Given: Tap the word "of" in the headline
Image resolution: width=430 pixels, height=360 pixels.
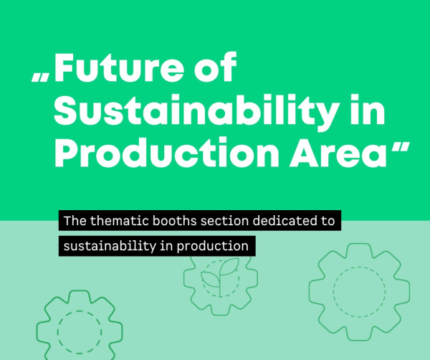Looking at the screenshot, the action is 216,67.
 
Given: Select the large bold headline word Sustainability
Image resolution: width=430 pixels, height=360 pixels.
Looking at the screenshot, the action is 196,111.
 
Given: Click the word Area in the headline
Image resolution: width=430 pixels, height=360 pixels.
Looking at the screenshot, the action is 338,153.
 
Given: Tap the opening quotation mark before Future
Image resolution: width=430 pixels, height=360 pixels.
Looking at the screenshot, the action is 41,77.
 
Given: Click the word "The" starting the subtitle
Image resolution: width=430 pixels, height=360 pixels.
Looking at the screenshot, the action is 75,221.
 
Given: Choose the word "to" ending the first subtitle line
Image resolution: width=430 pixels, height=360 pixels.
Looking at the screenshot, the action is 327,221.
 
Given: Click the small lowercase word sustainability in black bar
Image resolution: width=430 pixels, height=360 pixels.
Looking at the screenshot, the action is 110,246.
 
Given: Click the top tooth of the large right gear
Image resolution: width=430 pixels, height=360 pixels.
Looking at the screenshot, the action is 359,247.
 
